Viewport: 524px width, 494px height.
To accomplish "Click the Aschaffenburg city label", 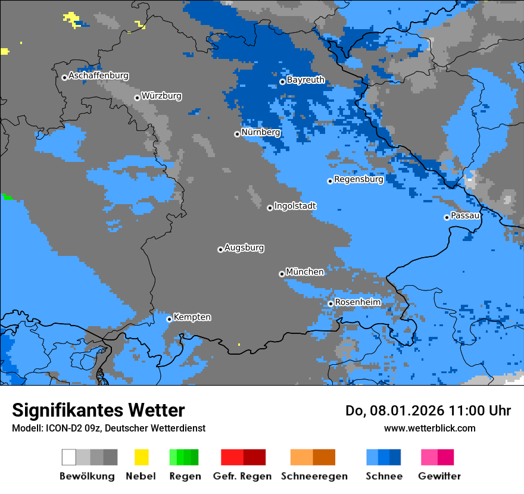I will (x=98, y=76).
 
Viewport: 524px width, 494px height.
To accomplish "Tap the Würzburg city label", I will (x=161, y=96).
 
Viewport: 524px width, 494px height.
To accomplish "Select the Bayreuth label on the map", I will (x=305, y=80).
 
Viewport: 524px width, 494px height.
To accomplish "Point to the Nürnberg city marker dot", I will (x=237, y=134).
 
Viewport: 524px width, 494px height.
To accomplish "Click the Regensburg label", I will (x=358, y=179).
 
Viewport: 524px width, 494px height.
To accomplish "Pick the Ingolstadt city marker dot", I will (x=270, y=208).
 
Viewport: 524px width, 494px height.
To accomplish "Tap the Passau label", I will (x=465, y=216).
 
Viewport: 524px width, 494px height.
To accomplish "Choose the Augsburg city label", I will (x=244, y=248).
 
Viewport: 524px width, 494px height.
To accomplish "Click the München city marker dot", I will (x=282, y=274).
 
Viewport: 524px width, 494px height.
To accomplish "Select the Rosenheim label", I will (x=357, y=302).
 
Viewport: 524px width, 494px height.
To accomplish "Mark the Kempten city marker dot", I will (x=169, y=319).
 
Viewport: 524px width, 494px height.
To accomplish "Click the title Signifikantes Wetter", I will (x=98, y=411).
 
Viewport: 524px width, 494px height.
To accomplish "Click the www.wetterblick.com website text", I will (x=429, y=429).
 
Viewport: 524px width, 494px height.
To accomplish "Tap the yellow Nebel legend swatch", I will (x=141, y=457).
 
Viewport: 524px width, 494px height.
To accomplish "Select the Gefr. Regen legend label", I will (x=242, y=477).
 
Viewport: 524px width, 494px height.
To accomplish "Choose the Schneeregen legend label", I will (x=314, y=477).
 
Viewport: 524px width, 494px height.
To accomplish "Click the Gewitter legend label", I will (x=439, y=477).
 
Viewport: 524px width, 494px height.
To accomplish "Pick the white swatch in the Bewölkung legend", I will (x=69, y=457).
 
